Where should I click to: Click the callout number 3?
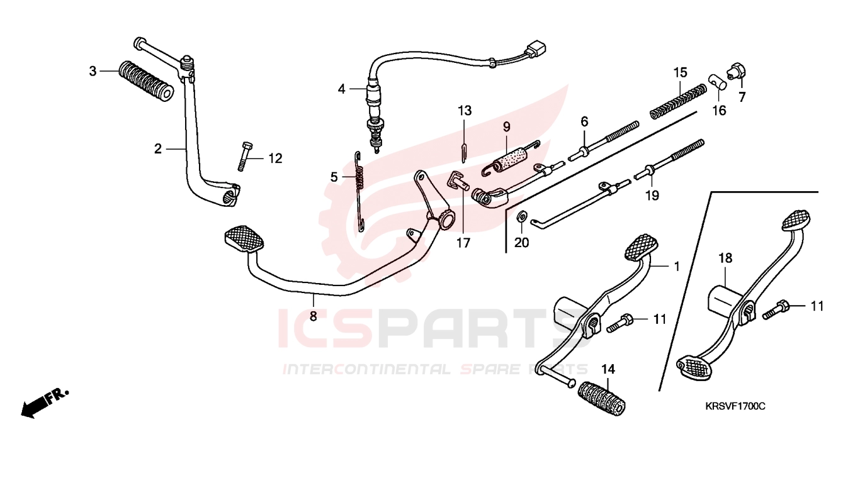tap(93, 71)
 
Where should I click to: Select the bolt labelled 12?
tap(244, 156)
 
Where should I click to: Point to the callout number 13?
tap(464, 111)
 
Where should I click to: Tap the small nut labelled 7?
tap(737, 72)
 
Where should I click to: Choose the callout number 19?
tap(652, 195)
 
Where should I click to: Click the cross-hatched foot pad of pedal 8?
tap(244, 238)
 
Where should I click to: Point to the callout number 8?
tap(314, 316)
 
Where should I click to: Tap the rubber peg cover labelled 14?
tap(601, 399)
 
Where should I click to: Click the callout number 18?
tap(725, 258)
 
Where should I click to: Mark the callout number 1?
tap(677, 266)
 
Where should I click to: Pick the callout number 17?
tap(463, 243)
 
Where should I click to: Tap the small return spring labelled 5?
tap(359, 191)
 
